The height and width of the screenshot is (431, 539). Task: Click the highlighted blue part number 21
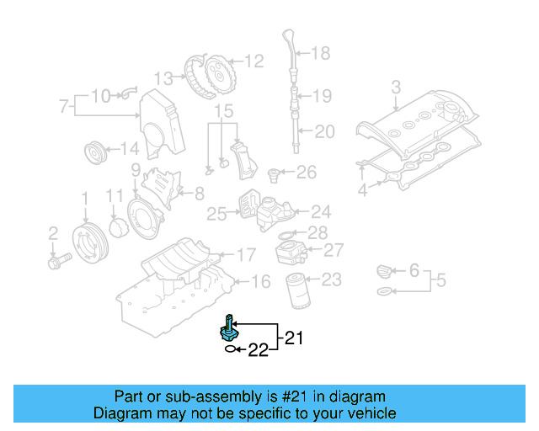point(230,328)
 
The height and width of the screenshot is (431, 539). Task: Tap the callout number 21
point(292,338)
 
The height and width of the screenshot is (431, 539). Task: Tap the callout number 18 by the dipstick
point(321,54)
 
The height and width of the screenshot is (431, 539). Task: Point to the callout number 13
point(163,78)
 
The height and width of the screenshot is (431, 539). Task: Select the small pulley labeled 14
point(95,155)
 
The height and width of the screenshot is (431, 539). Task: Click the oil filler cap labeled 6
point(383,271)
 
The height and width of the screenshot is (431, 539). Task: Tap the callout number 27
point(334,250)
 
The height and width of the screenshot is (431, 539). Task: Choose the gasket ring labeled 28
point(286,233)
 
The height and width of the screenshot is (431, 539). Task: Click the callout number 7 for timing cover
point(63,107)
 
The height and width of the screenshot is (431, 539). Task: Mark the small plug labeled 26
point(274,174)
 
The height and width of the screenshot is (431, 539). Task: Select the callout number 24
point(321,212)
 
